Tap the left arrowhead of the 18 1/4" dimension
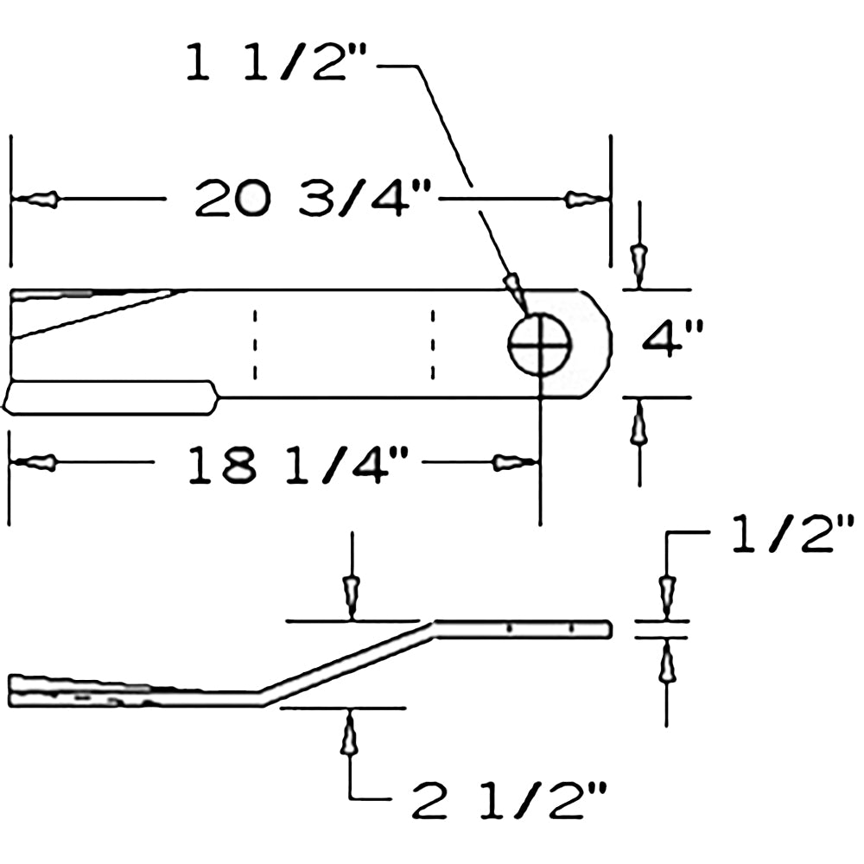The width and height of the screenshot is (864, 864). (39, 463)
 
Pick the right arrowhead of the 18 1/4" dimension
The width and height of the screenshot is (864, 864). (511, 463)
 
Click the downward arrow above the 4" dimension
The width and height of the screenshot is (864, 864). (638, 262)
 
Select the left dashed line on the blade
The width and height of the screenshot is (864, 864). (254, 343)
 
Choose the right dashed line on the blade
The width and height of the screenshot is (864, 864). (432, 343)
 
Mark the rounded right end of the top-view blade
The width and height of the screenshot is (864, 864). (600, 343)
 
